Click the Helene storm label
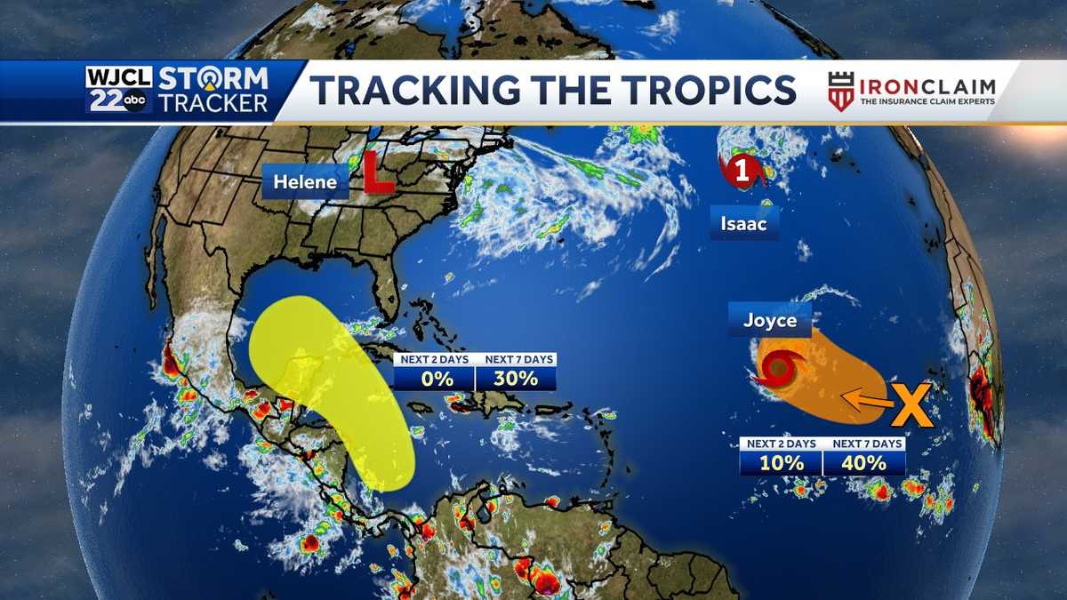[x=305, y=182]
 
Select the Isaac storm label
[x=743, y=224]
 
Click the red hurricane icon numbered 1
[x=742, y=171]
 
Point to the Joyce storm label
[x=769, y=320]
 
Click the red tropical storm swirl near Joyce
[x=779, y=368]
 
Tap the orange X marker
[x=911, y=406]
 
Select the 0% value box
[x=434, y=379]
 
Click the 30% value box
[x=516, y=379]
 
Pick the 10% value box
[x=781, y=463]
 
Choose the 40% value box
[x=863, y=463]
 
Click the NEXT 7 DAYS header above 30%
[x=516, y=360]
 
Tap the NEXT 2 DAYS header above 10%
[x=781, y=444]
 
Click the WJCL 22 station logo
[x=119, y=90]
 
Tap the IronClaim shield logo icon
[x=840, y=91]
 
